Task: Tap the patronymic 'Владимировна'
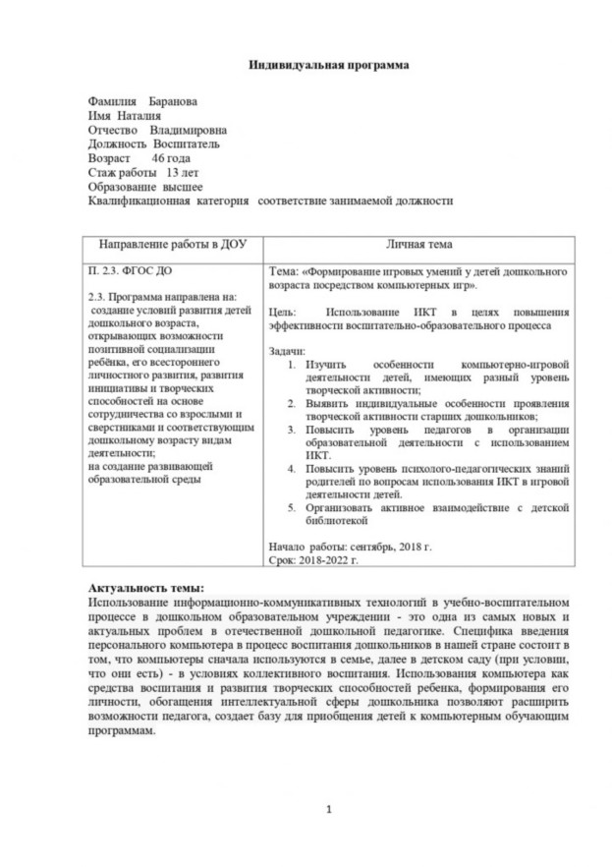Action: [x=190, y=130]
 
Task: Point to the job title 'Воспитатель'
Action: [x=187, y=144]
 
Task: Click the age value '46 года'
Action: [x=172, y=157]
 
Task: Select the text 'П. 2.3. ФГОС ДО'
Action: [x=127, y=267]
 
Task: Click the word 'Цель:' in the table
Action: [x=282, y=311]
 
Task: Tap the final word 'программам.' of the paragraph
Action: [x=122, y=731]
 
